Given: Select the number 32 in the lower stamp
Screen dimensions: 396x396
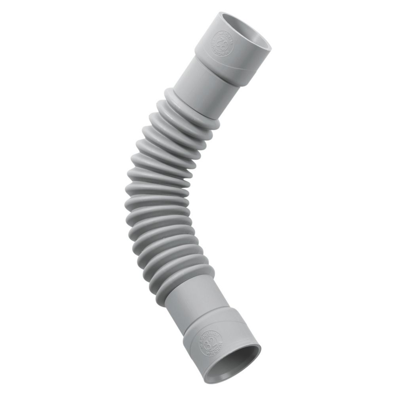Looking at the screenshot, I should [209, 339].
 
